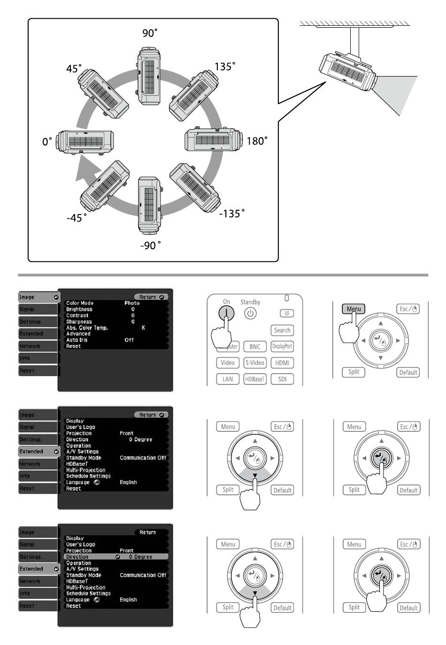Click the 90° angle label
[150, 33]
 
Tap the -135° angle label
[232, 214]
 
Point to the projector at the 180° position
[214, 140]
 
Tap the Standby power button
[250, 314]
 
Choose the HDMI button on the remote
[282, 363]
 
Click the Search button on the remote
[282, 330]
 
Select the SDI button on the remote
[282, 379]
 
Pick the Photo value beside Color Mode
[132, 303]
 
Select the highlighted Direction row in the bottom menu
[115, 557]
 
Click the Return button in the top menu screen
[151, 297]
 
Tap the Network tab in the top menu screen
[30, 346]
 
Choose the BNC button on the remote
[255, 347]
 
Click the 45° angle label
[74, 69]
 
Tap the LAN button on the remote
[228, 379]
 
